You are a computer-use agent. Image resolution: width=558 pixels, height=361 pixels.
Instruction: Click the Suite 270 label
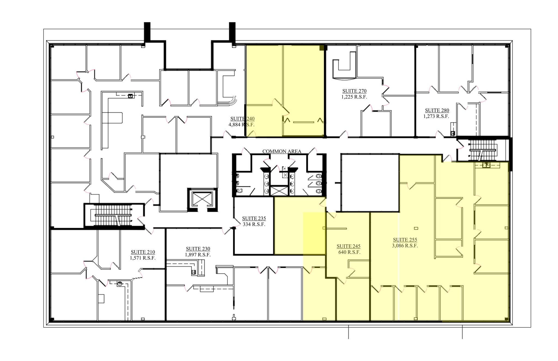[354, 91]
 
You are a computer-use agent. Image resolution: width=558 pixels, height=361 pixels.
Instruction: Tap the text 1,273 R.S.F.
[436, 116]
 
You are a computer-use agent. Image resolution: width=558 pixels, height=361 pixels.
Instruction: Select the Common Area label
[281, 151]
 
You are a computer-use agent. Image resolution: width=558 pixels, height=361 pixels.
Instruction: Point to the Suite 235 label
[254, 219]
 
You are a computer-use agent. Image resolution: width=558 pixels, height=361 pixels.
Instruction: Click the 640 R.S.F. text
[349, 252]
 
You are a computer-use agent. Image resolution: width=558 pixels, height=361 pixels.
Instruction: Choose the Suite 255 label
[405, 240]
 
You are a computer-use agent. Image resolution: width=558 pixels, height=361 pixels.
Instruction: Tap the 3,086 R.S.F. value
[405, 246]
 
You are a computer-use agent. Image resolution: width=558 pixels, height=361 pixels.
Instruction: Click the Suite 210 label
[143, 252]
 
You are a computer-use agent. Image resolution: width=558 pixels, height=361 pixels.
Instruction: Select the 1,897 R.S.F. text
[198, 255]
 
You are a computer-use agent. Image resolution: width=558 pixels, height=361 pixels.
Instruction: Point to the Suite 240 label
[242, 119]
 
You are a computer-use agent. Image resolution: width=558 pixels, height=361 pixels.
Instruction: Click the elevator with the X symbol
[202, 198]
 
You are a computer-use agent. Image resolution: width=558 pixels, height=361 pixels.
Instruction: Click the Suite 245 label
[348, 246]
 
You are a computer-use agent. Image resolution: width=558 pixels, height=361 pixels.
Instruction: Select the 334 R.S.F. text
[254, 225]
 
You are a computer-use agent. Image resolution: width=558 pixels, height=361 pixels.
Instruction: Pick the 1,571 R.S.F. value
[143, 258]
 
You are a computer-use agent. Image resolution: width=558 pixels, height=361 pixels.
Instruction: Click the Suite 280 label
[437, 110]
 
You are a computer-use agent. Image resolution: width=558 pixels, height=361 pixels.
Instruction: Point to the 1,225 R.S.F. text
[354, 97]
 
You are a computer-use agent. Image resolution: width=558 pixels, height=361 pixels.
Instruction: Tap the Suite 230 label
[198, 249]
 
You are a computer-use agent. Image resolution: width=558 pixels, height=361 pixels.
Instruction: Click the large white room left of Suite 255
[370, 183]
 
